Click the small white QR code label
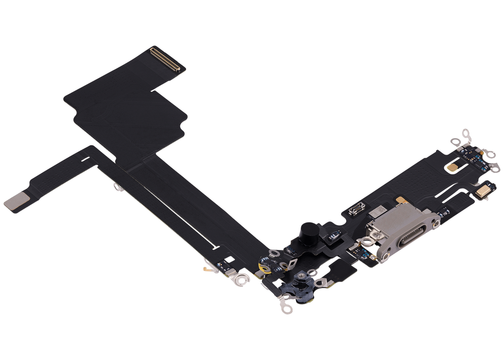[380, 209]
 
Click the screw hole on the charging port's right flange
[437, 224]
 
